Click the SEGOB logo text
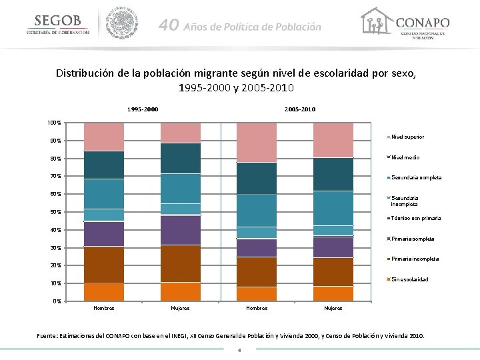pos(57,21)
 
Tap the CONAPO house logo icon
pos(375,21)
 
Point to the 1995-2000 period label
pos(143,109)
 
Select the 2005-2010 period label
pos(300,109)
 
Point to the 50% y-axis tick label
pos(55,212)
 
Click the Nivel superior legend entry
pos(407,137)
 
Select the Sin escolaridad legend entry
pos(409,279)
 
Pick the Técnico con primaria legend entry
pos(415,218)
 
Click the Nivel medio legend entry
pos(405,157)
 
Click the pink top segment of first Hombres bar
pos(104,137)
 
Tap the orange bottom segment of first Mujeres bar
pos(181,291)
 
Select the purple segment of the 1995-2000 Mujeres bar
pos(181,230)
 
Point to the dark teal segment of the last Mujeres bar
pos(333,174)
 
